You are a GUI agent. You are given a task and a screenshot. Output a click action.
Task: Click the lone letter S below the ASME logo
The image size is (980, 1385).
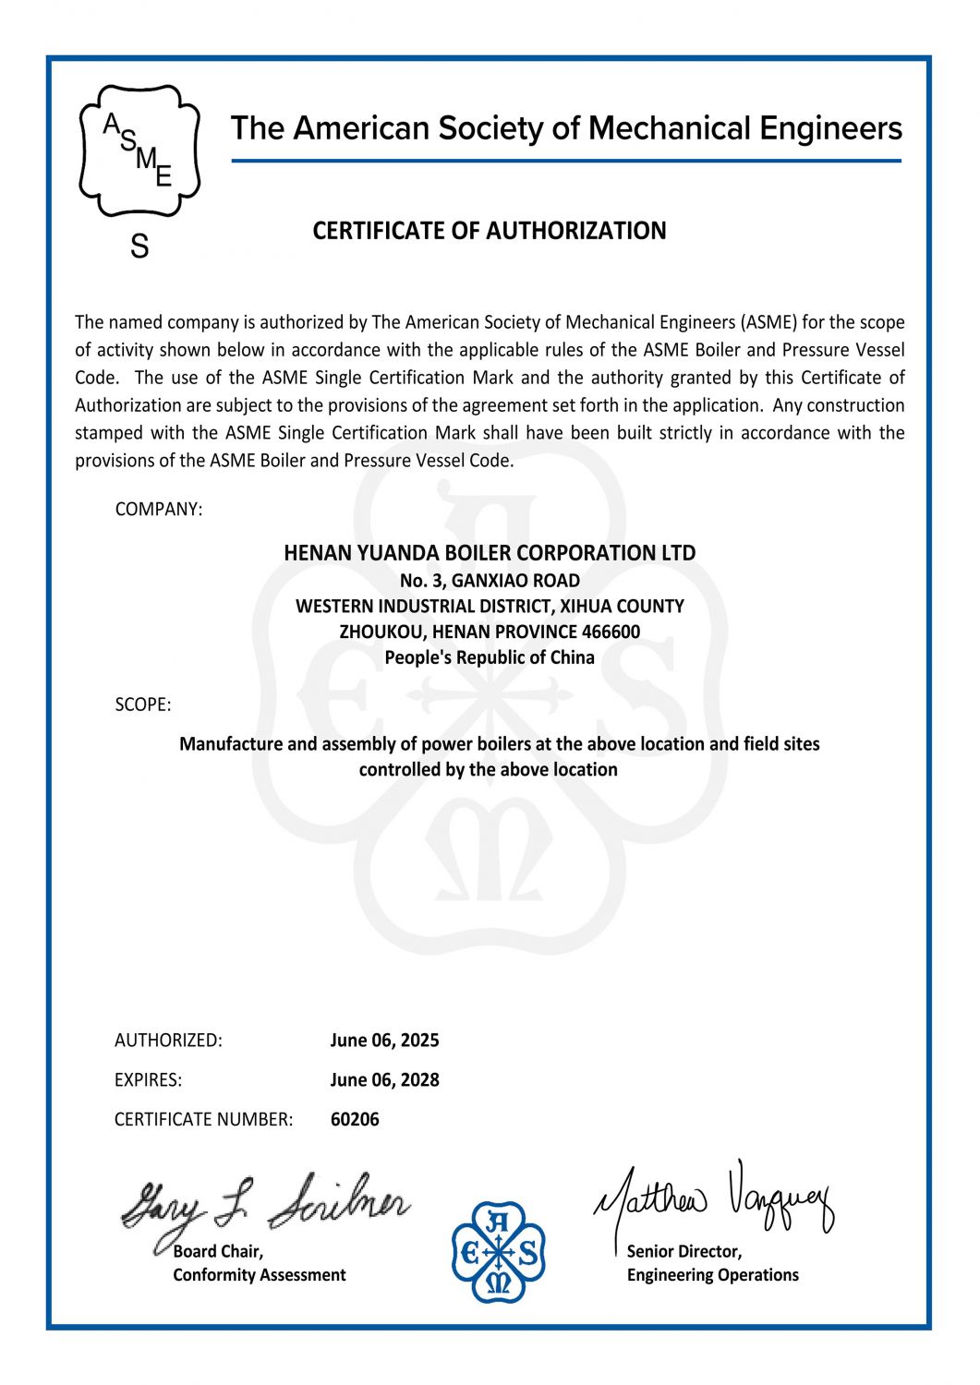pyautogui.click(x=139, y=247)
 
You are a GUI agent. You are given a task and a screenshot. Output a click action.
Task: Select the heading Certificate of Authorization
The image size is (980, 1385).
pyautogui.click(x=489, y=231)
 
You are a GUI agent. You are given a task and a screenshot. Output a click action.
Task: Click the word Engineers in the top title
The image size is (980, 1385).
pyautogui.click(x=830, y=128)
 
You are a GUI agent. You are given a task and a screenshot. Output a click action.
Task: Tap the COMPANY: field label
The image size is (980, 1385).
pyautogui.click(x=158, y=509)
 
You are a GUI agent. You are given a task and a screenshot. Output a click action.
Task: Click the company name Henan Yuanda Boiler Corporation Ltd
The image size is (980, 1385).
pyautogui.click(x=490, y=553)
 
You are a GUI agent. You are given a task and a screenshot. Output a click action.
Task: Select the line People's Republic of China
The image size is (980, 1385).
pyautogui.click(x=490, y=657)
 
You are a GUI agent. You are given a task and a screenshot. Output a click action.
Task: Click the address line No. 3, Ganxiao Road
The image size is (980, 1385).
pyautogui.click(x=490, y=581)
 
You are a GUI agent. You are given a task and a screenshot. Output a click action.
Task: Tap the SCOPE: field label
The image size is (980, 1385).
pyautogui.click(x=143, y=705)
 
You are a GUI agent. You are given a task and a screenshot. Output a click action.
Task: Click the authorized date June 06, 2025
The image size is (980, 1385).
pyautogui.click(x=384, y=1041)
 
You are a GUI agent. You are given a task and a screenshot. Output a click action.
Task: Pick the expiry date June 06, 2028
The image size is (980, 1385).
pyautogui.click(x=384, y=1080)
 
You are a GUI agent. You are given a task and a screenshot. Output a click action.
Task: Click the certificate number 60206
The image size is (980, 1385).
pyautogui.click(x=355, y=1119)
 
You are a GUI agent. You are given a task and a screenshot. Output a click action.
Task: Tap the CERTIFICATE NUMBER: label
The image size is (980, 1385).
pyautogui.click(x=203, y=1119)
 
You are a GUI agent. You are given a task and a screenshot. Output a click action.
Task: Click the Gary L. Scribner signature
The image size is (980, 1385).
pyautogui.click(x=263, y=1204)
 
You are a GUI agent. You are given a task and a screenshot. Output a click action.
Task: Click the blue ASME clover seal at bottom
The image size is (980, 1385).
pyautogui.click(x=499, y=1252)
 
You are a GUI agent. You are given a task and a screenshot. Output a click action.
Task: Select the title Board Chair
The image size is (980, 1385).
pyautogui.click(x=218, y=1252)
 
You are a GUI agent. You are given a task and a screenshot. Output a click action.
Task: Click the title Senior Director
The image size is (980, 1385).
pyautogui.click(x=684, y=1252)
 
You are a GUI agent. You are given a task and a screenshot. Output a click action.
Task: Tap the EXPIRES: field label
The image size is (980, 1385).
pyautogui.click(x=148, y=1080)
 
